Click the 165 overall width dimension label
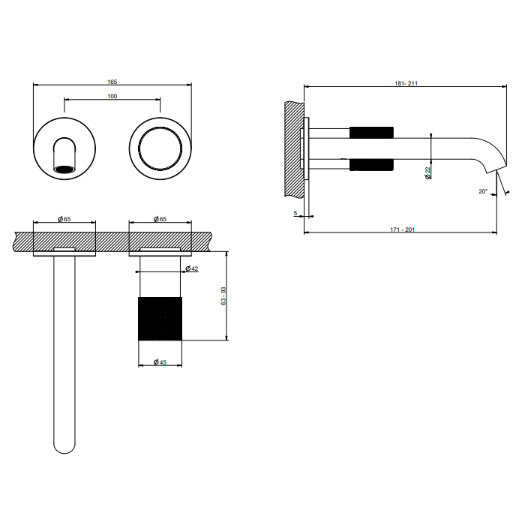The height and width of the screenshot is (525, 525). coord(112,82)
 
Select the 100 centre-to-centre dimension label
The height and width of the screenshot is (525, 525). coord(112,97)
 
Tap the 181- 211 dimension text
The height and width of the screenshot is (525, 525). coord(406,83)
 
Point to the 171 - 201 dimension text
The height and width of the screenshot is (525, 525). coord(403,229)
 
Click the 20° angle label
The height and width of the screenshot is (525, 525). coord(483,191)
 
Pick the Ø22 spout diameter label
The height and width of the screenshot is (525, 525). coord(427,173)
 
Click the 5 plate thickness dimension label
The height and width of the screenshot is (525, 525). coord(295,213)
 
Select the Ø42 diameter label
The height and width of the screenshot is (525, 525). coord(192,268)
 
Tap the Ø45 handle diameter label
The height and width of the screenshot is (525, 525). coord(160,362)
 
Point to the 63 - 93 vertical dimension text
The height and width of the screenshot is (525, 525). coord(223,296)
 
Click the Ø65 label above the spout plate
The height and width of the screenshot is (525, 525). coord(64,219)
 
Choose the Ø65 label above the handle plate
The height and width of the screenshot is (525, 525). coord(160,219)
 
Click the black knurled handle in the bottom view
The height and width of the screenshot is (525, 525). coord(160,319)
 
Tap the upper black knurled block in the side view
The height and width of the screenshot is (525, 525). coord(371,133)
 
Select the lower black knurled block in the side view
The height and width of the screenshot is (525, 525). coord(371,165)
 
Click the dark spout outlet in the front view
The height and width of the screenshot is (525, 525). coord(64,169)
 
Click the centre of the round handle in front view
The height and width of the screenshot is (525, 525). coord(160,148)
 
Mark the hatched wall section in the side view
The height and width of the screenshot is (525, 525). coord(294,149)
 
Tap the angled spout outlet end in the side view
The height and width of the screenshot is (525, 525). coord(496,169)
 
